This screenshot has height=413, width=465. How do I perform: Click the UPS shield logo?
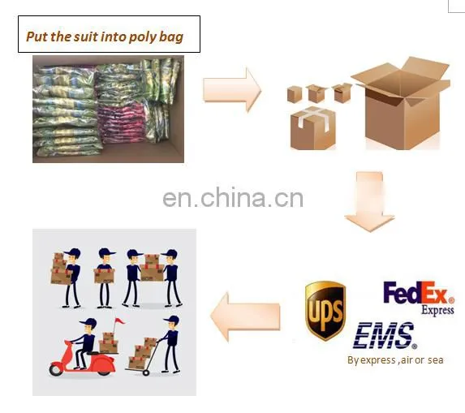[x=325, y=311]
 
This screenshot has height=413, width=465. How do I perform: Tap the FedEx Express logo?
[x=419, y=297]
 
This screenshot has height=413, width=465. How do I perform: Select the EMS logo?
[x=385, y=335]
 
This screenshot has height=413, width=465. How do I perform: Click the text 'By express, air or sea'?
[x=395, y=360]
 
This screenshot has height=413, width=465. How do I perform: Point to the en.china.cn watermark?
[x=233, y=197]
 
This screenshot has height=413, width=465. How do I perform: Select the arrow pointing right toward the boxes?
[x=232, y=89]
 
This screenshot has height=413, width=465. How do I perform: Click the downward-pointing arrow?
[x=369, y=201]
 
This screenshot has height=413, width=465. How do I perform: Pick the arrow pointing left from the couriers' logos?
[x=245, y=316]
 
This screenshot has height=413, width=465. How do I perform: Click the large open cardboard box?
[x=401, y=103]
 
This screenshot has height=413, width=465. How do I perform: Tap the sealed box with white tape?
[x=313, y=128]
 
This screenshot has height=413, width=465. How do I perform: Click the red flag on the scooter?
[x=119, y=321]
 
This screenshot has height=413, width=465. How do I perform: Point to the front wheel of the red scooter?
[x=56, y=370]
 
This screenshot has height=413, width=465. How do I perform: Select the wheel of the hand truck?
[x=145, y=372]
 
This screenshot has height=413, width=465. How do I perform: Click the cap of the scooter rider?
[x=88, y=322]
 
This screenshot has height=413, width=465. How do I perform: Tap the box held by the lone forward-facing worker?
[x=104, y=276]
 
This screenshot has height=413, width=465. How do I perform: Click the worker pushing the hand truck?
[x=170, y=344]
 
